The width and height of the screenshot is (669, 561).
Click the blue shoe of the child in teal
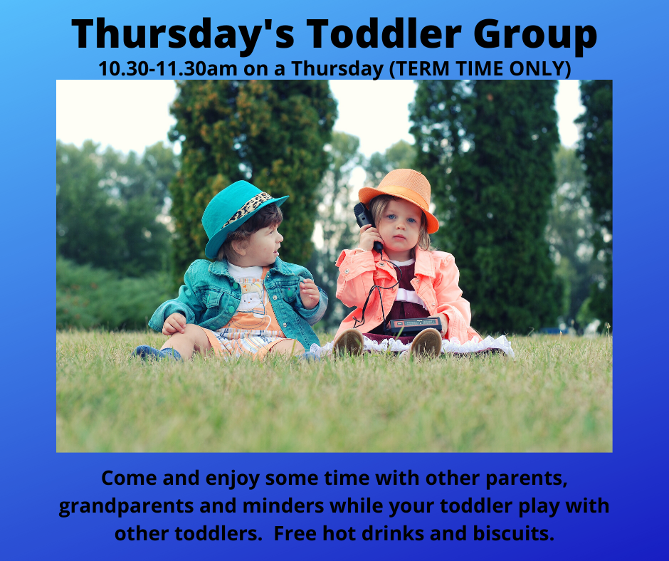click(156, 354)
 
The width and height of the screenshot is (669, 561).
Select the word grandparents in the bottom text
click(126, 507)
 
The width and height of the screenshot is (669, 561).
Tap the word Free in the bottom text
click(295, 534)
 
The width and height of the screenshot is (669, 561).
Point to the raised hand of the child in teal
click(310, 293)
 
